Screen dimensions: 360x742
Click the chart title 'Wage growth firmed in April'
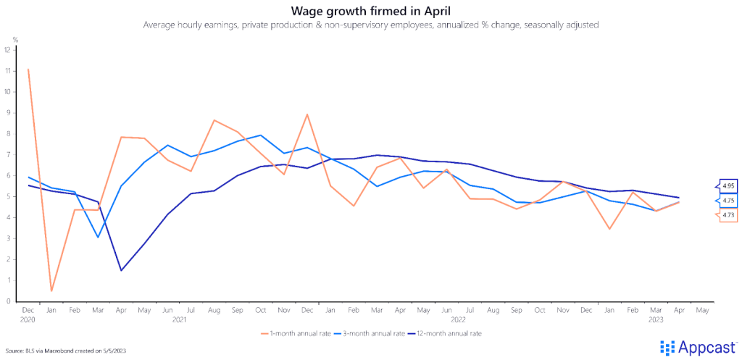tap(370, 11)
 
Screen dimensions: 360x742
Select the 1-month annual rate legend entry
tap(296, 334)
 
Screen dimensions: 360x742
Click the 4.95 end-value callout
tap(728, 186)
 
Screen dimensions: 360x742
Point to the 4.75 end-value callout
tap(728, 201)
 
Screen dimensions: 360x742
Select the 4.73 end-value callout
tap(728, 215)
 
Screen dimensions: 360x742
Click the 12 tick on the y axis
tap(7, 50)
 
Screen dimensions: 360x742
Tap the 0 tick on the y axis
tap(7, 301)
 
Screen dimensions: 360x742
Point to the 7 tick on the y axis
tap(7, 155)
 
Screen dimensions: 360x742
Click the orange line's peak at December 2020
tap(28, 70)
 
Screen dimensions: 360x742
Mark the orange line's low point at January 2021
tap(51, 290)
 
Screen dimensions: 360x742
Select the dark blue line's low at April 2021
tap(120, 270)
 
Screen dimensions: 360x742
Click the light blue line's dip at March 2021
tap(97, 237)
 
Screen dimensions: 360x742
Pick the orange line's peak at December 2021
tap(308, 114)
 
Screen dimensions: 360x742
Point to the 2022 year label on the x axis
tap(457, 319)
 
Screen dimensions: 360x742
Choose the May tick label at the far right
tap(701, 310)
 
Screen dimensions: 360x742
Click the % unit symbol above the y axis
tap(15, 39)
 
